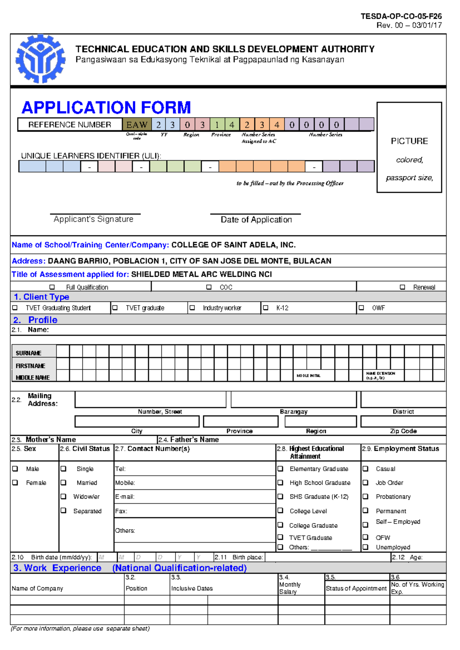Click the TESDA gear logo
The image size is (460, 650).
[40, 59]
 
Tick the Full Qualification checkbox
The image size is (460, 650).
[52, 287]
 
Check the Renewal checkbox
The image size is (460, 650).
[402, 287]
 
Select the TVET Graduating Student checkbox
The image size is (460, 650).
[15, 308]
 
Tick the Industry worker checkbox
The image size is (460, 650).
[192, 308]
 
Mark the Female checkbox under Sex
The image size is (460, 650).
[15, 483]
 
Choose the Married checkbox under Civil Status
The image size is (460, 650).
[64, 483]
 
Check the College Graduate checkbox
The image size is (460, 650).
[281, 525]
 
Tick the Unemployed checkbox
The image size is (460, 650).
[366, 547]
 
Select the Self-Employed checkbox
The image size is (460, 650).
[366, 525]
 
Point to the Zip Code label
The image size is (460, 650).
[403, 431]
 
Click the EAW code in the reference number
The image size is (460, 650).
[137, 125]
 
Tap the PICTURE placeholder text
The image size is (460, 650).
[409, 141]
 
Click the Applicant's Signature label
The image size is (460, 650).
[94, 219]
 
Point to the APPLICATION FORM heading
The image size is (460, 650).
[106, 108]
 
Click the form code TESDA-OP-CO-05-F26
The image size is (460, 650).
[401, 16]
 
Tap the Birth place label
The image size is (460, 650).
[248, 557]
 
